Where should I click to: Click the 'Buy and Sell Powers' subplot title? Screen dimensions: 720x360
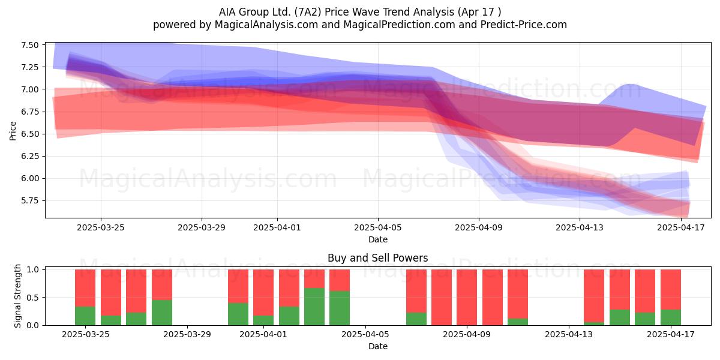tap(377, 258)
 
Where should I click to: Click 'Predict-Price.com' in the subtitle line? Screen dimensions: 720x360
tap(524, 25)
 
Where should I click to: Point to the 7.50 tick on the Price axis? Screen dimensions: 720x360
tap(29, 45)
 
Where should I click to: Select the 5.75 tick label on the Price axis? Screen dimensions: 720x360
tap(29, 201)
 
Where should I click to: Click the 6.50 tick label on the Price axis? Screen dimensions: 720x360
tap(29, 134)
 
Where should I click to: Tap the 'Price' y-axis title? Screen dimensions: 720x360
tap(13, 131)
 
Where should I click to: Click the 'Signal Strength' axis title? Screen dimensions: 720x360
tap(17, 296)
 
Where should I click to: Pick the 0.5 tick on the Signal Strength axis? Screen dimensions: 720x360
tap(33, 298)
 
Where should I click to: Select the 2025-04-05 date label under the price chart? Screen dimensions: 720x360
tap(378, 227)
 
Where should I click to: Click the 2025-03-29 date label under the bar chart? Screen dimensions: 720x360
tap(187, 335)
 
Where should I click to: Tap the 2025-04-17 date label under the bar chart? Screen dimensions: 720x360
tap(671, 335)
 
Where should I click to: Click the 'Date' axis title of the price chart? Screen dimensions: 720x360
tap(378, 239)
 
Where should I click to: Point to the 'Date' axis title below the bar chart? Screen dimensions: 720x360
tap(378, 346)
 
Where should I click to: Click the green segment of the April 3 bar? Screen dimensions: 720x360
tap(314, 307)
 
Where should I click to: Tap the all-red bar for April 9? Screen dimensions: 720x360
tap(467, 298)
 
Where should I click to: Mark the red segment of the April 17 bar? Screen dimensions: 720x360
tap(671, 289)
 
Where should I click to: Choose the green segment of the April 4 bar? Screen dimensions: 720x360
tap(340, 308)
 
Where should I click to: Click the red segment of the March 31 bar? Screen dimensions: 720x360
tap(238, 286)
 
